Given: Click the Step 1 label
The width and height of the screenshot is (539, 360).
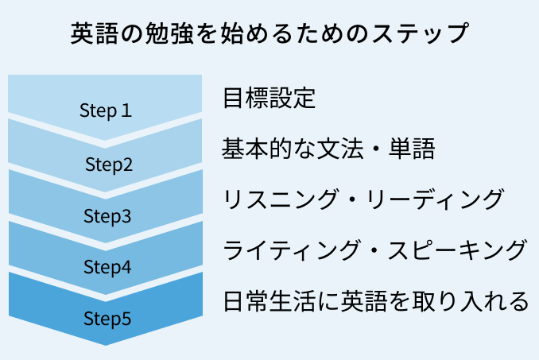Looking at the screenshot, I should point(106,110).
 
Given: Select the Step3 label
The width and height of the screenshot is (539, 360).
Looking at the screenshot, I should point(107,216).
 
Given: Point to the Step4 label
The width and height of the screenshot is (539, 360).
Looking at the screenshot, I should point(107,267).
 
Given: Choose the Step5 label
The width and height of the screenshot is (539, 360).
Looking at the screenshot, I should point(107,319).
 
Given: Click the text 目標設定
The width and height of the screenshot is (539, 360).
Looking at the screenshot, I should point(269,98).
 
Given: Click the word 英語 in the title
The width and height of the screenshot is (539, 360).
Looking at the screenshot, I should point(94,33).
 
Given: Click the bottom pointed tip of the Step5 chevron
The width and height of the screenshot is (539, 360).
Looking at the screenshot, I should point(106,344).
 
